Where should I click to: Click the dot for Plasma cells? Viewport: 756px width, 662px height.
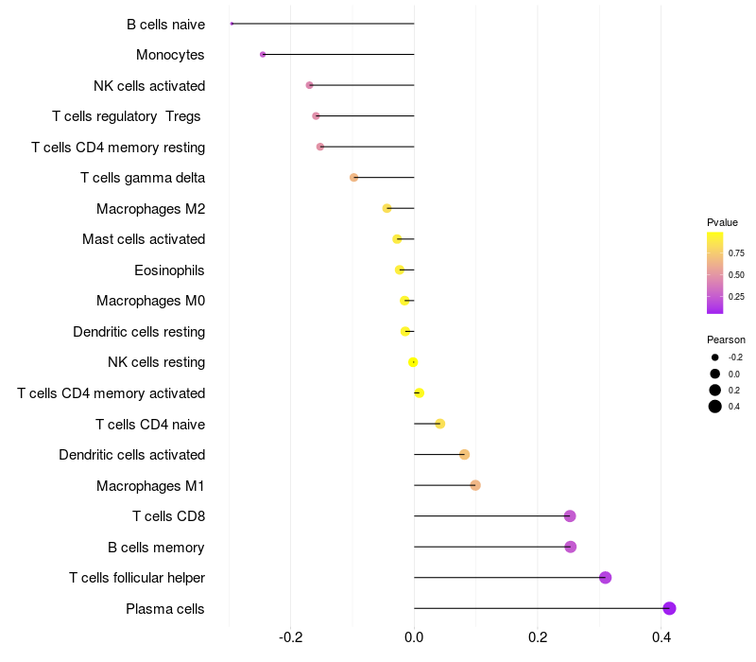[669, 608]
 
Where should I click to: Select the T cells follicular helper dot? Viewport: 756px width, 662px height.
[606, 578]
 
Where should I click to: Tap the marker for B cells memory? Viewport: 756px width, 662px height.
[570, 547]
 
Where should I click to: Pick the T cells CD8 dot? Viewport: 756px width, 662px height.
[570, 516]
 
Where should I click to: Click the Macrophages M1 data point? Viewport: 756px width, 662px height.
[475, 485]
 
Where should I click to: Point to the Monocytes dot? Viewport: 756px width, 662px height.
[263, 55]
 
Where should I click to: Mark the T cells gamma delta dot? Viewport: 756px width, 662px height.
[353, 178]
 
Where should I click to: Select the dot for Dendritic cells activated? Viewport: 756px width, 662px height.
[464, 455]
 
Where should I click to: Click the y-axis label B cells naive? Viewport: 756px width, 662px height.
[165, 25]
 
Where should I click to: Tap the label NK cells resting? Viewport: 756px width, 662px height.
[156, 362]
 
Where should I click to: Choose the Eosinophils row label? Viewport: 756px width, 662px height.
[169, 270]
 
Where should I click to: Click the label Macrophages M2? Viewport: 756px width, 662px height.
[150, 209]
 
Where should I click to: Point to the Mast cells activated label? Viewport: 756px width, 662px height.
[144, 239]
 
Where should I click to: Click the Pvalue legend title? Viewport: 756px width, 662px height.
[722, 222]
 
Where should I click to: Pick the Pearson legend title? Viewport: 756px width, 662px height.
[726, 340]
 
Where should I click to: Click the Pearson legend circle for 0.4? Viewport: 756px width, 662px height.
[715, 407]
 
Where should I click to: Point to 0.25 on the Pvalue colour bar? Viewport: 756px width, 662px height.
[735, 297]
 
